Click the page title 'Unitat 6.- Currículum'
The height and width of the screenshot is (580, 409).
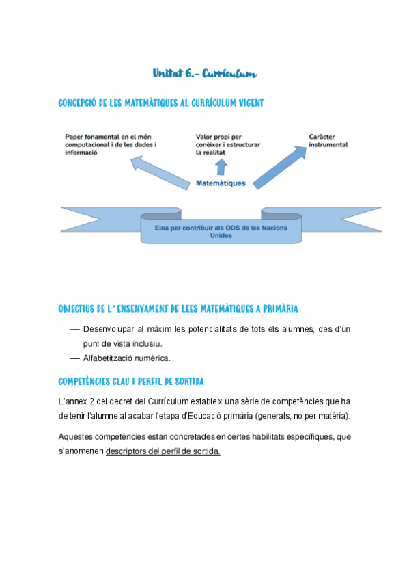(x=204, y=73)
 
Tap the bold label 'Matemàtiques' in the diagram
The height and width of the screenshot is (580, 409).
(x=221, y=183)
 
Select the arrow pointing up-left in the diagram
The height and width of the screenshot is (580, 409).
(x=160, y=172)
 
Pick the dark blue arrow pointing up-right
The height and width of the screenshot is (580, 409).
(x=276, y=164)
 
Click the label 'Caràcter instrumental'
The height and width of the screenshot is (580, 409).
(x=328, y=140)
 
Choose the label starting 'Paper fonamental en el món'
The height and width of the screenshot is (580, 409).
(x=111, y=144)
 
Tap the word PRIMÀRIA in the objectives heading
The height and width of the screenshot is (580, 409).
(x=279, y=309)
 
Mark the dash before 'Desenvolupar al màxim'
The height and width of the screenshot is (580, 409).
(x=75, y=330)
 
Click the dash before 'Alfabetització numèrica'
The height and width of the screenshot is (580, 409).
(x=75, y=358)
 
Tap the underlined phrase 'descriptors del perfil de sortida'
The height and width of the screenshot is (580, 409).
(x=163, y=452)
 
